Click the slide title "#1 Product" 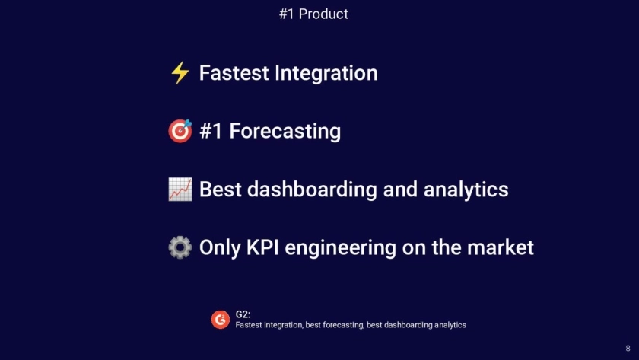[313, 14]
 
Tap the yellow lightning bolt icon [180, 73]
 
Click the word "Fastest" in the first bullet [234, 73]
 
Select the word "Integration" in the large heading [326, 74]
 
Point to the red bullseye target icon [180, 131]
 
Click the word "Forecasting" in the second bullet [285, 132]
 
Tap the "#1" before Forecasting [211, 131]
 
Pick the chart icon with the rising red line [180, 190]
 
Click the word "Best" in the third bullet [220, 190]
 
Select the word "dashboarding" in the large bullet [312, 190]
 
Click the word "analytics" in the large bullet [466, 190]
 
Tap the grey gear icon [180, 247]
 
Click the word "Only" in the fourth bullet [220, 248]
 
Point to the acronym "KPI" [262, 247]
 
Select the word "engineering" [340, 248]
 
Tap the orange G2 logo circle [221, 320]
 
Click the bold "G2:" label [243, 314]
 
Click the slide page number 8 [628, 348]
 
